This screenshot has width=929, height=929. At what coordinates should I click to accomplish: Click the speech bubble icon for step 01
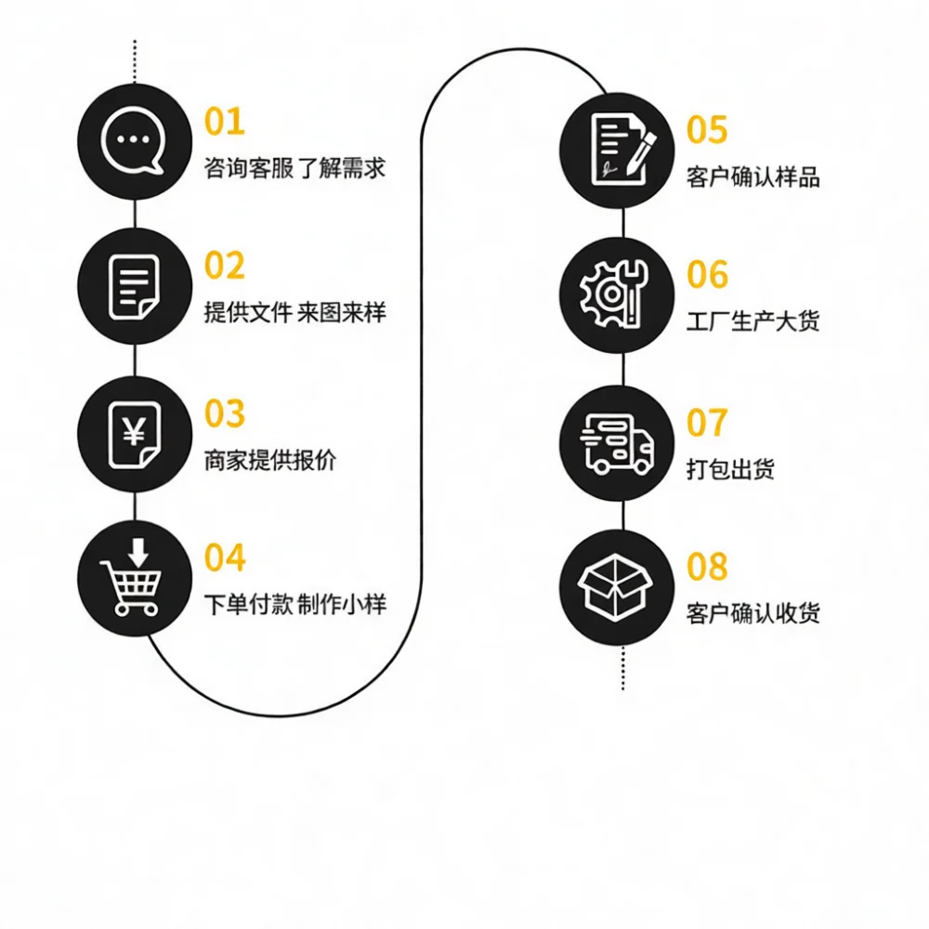pos(133,141)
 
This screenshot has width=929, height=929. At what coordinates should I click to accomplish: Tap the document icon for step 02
pos(134,287)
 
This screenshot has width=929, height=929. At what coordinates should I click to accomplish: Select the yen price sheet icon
pos(135,435)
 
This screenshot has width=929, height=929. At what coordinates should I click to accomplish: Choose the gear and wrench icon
pos(614,294)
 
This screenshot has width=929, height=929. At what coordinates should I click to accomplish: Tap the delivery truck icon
pos(617,444)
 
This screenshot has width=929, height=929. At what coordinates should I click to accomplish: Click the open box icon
pos(615,587)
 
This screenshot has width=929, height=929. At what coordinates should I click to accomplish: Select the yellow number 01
pos(225,122)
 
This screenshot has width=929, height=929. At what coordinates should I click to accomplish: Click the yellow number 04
pos(225,557)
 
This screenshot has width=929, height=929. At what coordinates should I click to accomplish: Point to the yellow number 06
pos(707,274)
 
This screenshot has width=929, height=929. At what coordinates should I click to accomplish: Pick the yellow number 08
pos(707,566)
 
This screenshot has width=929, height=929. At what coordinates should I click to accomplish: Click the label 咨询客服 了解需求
pos(294,168)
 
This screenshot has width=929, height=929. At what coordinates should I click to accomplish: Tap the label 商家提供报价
pos(270,461)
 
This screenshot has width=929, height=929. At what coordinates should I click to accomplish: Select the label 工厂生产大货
pos(753,321)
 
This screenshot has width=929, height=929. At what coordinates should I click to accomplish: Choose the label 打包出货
pos(730,468)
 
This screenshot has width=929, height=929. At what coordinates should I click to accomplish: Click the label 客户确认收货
pos(753,613)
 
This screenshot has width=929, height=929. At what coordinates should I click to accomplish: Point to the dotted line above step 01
pos(135,61)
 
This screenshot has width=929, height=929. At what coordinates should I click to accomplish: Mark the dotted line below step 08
pos(622,669)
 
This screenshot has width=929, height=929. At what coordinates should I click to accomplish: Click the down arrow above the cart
pos(138,551)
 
